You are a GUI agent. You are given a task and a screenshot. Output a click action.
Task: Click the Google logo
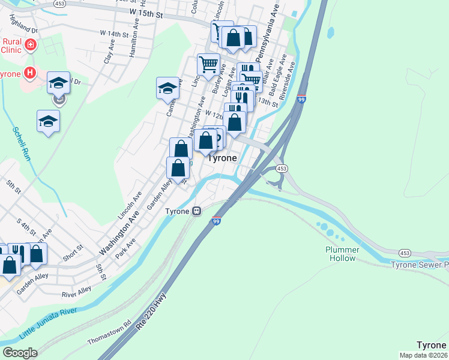[x=20, y=353]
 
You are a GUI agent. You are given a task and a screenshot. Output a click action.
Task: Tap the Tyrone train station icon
[x=196, y=211]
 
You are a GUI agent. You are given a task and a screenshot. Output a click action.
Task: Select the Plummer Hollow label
[x=343, y=254]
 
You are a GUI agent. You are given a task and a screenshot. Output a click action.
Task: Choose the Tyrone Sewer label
[x=420, y=265]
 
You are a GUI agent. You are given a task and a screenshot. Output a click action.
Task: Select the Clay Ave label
[x=108, y=53]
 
